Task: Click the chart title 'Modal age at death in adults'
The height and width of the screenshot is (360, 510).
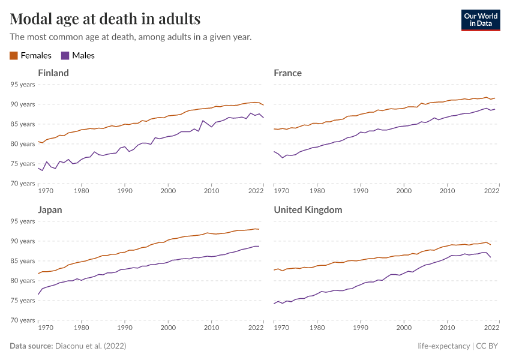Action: pyautogui.click(x=105, y=19)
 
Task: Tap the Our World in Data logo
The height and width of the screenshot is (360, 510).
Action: pyautogui.click(x=480, y=20)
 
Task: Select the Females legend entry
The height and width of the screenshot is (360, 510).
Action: pyautogui.click(x=31, y=56)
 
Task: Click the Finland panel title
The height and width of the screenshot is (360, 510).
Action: pyautogui.click(x=53, y=73)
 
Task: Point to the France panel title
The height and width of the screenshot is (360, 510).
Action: pyautogui.click(x=287, y=73)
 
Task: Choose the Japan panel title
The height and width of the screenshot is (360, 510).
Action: pyautogui.click(x=50, y=210)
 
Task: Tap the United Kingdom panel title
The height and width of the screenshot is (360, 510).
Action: pyautogui.click(x=308, y=210)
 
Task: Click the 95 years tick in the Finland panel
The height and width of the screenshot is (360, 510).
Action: pyautogui.click(x=23, y=85)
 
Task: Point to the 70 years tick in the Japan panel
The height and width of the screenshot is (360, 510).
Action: pyautogui.click(x=23, y=320)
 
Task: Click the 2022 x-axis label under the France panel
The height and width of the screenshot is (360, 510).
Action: pyautogui.click(x=492, y=191)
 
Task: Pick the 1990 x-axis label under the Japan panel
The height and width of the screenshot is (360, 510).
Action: pyautogui.click(x=125, y=328)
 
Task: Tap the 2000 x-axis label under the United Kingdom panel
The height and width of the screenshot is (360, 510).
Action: pyautogui.click(x=404, y=328)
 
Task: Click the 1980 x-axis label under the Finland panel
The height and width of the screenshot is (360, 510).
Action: pyautogui.click(x=81, y=191)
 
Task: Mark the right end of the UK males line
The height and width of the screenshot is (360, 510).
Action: pyautogui.click(x=491, y=257)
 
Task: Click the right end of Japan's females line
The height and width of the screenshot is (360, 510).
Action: pyautogui.click(x=259, y=229)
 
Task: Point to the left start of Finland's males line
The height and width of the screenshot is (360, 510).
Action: pyautogui.click(x=38, y=168)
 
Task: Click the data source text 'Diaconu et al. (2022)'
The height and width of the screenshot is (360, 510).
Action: pyautogui.click(x=91, y=346)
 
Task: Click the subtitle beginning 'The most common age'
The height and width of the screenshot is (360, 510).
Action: pyautogui.click(x=130, y=37)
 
